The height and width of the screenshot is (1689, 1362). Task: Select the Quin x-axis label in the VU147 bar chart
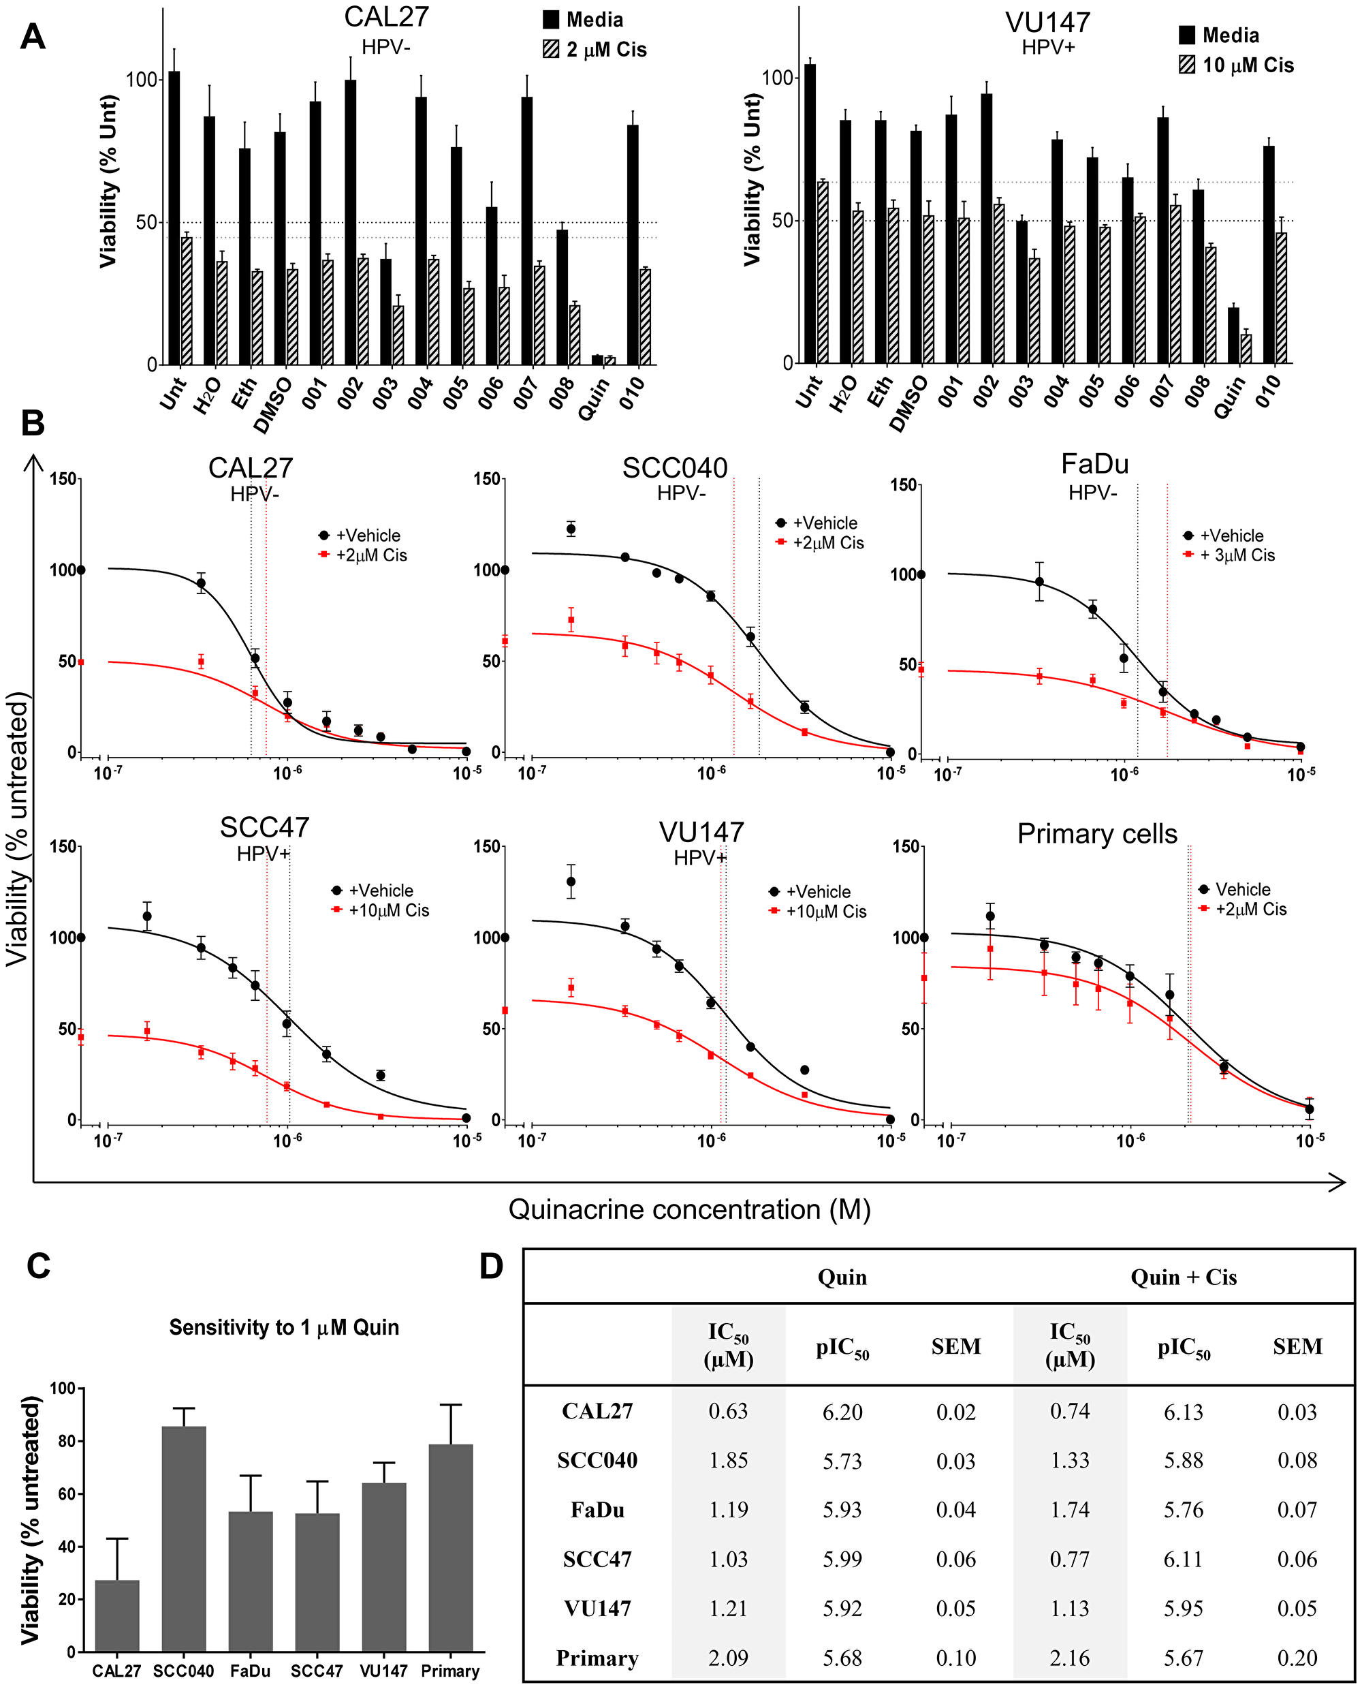pyautogui.click(x=1230, y=397)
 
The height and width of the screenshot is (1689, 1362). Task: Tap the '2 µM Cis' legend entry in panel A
pyautogui.click(x=595, y=50)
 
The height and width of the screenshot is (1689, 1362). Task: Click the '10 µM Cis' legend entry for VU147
pyautogui.click(x=1237, y=65)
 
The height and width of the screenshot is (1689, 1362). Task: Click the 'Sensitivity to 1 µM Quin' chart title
pyautogui.click(x=284, y=1327)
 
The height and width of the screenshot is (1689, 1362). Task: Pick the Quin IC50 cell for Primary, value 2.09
pyautogui.click(x=728, y=1658)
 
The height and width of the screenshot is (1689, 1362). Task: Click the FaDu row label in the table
pyautogui.click(x=597, y=1509)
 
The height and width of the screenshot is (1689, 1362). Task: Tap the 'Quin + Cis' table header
pyautogui.click(x=1183, y=1277)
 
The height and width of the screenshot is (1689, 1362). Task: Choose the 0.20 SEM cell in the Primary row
pyautogui.click(x=1297, y=1658)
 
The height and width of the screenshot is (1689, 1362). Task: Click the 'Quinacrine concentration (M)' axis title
pyautogui.click(x=690, y=1209)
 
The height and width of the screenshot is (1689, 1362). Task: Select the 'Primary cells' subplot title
pyautogui.click(x=1097, y=833)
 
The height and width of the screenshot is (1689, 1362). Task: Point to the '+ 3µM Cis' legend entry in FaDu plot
pyautogui.click(x=1229, y=555)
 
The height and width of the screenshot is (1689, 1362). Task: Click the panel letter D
pyautogui.click(x=491, y=1266)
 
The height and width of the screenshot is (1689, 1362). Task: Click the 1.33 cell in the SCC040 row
pyautogui.click(x=1069, y=1460)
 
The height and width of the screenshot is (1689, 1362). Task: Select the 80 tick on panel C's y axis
pyautogui.click(x=67, y=1441)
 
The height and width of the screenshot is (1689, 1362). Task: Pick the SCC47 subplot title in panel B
pyautogui.click(x=264, y=827)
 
